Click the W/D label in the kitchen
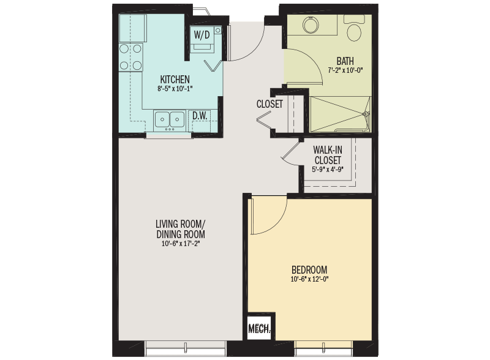[x=202, y=35]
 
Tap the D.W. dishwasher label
[x=200, y=116]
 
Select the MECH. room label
[x=259, y=328]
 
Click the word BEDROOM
[x=309, y=269]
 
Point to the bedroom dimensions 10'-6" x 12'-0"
[x=309, y=279]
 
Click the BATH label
[x=345, y=61]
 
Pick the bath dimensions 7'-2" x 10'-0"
[x=345, y=70]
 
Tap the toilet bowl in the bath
[x=354, y=32]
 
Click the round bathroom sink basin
[x=311, y=24]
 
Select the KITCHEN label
[x=175, y=79]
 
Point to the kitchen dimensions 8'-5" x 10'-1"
[x=175, y=88]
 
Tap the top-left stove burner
[x=124, y=49]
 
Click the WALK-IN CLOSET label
[x=328, y=155]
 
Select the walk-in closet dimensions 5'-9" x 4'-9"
[x=328, y=170]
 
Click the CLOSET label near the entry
[x=269, y=103]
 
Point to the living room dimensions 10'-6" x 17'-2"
[x=181, y=244]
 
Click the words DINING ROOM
[x=181, y=234]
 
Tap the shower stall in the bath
[x=340, y=114]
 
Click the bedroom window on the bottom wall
[x=323, y=348]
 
